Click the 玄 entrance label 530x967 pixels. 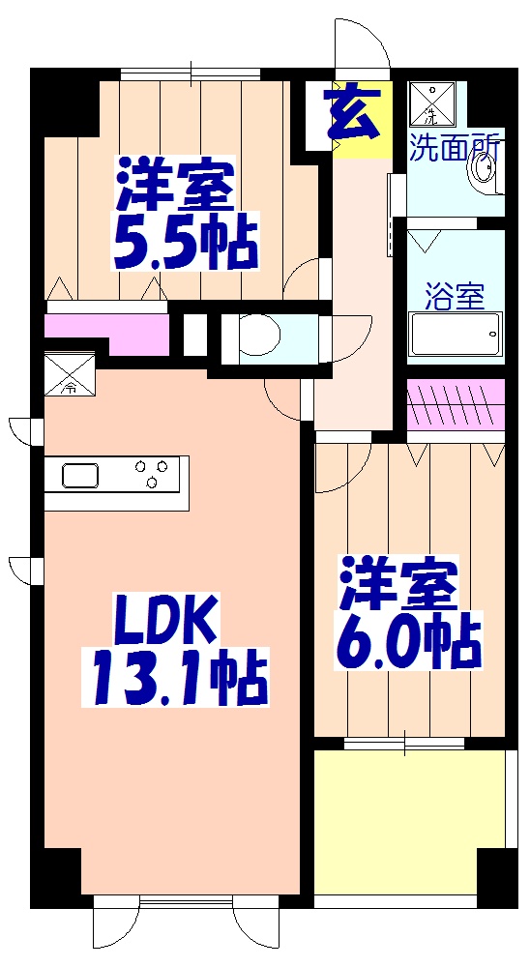[x=352, y=113]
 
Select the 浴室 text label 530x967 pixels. [x=455, y=297]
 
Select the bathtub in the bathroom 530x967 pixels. [x=456, y=337]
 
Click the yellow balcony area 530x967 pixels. [x=406, y=822]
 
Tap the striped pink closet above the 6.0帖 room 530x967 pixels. [x=455, y=405]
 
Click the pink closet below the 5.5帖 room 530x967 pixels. [x=97, y=329]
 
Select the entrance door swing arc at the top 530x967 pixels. [x=363, y=44]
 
